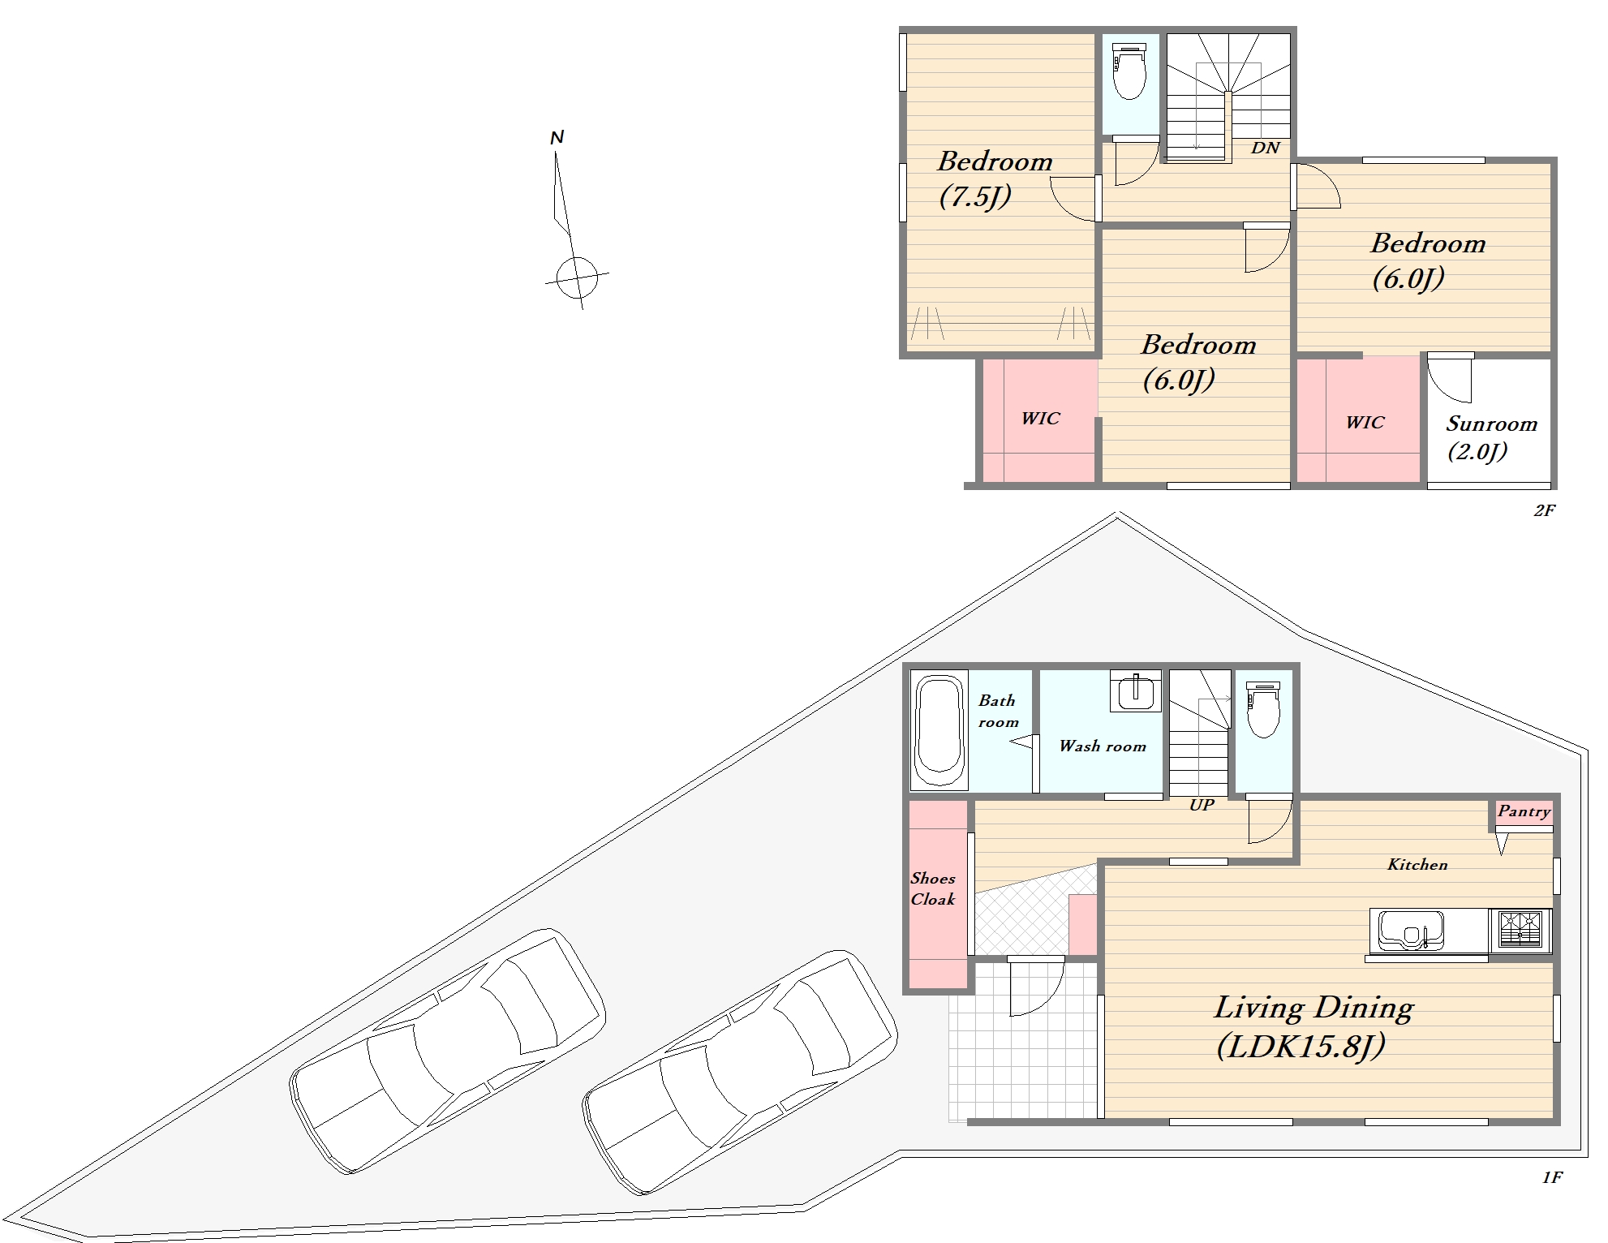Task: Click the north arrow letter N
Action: coord(557,138)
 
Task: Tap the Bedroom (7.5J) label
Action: coord(995,178)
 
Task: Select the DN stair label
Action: coord(1266,148)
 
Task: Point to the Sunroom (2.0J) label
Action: coord(1491,437)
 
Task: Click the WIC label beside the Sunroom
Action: coord(1365,423)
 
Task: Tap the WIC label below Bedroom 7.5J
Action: coord(1040,419)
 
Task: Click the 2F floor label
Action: coord(1544,510)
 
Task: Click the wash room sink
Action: coord(1135,690)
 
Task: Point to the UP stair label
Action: coord(1202,805)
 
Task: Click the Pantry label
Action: coord(1524,811)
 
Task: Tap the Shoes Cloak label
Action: coord(933,888)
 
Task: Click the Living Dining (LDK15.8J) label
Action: coord(1313,1027)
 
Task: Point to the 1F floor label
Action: coord(1552,1177)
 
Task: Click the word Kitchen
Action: coord(1417,865)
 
